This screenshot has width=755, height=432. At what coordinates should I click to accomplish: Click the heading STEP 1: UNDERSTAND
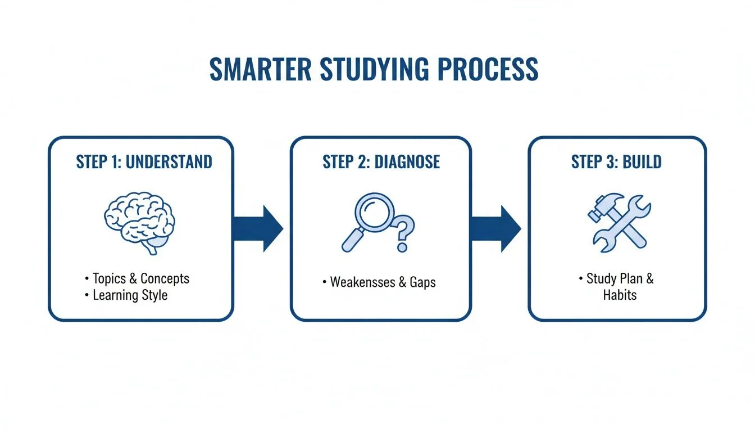tap(144, 162)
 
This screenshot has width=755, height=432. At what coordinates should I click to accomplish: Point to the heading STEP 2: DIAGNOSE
tap(381, 162)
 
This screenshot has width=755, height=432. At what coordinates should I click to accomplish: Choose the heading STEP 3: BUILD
tap(616, 162)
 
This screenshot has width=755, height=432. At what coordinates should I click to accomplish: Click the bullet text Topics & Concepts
tap(141, 278)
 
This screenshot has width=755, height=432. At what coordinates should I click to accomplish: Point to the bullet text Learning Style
tap(130, 295)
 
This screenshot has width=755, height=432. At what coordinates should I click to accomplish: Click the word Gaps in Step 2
tap(422, 282)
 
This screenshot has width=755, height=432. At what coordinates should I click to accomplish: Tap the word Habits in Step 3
tap(620, 295)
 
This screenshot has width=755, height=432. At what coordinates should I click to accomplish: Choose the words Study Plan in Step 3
tap(611, 278)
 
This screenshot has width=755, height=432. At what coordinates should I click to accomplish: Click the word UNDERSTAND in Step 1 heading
tap(169, 162)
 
